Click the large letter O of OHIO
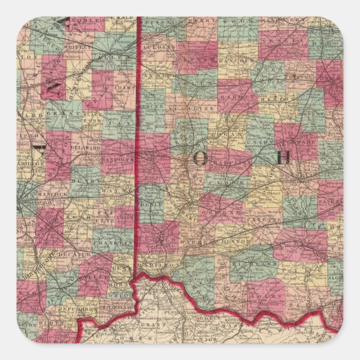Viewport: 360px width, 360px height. (200, 159)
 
